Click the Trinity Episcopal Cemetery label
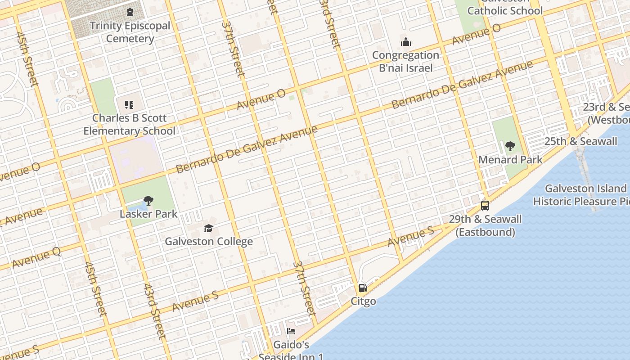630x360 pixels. tap(130, 32)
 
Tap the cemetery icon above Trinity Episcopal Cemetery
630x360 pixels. tap(130, 12)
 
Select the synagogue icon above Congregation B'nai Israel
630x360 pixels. tap(406, 42)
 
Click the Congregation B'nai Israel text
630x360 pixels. tap(405, 62)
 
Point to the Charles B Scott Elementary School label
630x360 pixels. tap(130, 125)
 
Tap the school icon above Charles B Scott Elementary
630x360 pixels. tap(129, 105)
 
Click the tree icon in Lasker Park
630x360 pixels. tap(148, 201)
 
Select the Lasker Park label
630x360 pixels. tap(148, 214)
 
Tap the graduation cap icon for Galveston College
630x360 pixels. tap(208, 229)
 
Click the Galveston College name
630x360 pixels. tap(209, 242)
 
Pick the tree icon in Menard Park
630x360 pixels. tap(510, 146)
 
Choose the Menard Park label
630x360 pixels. tap(510, 160)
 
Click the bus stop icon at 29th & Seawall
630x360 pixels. tap(485, 206)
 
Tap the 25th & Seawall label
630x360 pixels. tap(580, 141)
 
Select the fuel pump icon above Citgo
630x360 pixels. tap(363, 288)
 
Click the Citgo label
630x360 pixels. tap(363, 301)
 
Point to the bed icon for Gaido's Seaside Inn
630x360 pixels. tap(291, 332)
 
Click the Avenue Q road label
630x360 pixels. tap(36, 258)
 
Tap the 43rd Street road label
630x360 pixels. tap(155, 311)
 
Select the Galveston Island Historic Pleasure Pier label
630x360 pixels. tap(585, 195)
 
